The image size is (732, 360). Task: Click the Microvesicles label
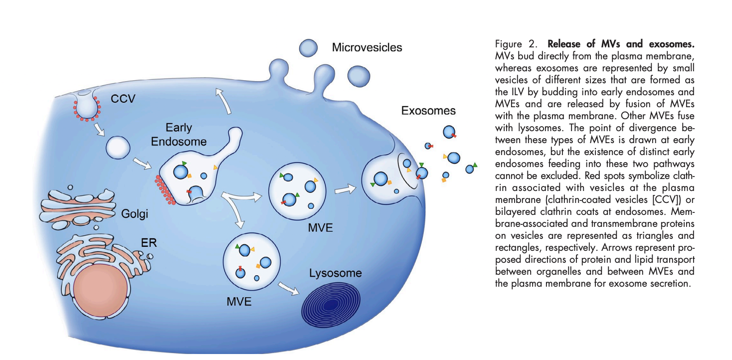click(x=367, y=48)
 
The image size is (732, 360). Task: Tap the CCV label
click(x=123, y=99)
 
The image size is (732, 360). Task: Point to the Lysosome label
click(x=335, y=273)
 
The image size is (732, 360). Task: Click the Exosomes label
click(x=428, y=111)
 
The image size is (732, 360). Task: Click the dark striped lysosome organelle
click(x=327, y=304)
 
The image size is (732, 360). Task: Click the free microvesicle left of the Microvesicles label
click(x=308, y=48)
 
